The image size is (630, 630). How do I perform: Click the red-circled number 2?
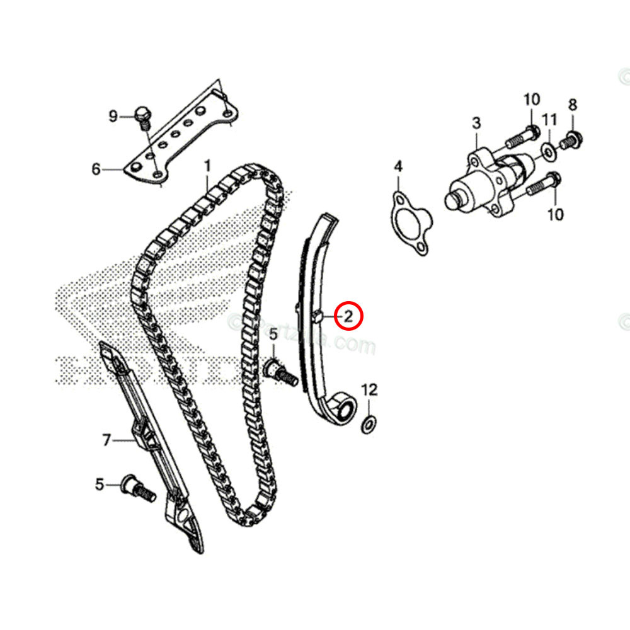pyautogui.click(x=349, y=316)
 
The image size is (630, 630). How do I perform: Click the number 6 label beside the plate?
pyautogui.click(x=96, y=169)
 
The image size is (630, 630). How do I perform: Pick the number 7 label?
pyautogui.click(x=106, y=440)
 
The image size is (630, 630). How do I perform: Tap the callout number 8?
pyautogui.click(x=573, y=104)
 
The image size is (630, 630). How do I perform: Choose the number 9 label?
pyautogui.click(x=113, y=115)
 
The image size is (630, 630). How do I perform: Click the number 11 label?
pyautogui.click(x=550, y=119)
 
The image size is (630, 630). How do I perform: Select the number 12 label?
pyautogui.click(x=369, y=389)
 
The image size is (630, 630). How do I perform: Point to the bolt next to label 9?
pyautogui.click(x=143, y=118)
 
